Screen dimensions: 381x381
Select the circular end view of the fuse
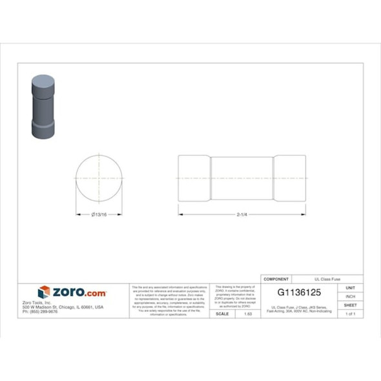coord(99,178)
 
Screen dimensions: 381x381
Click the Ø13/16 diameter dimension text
coord(99,214)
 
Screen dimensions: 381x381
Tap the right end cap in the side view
coord(289,178)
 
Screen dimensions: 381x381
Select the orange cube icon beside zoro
coord(44,293)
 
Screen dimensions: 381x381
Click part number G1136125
coord(299,292)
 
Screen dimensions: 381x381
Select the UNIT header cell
coord(351,287)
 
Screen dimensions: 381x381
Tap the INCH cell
coord(351,296)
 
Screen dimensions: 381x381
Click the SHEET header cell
coord(351,305)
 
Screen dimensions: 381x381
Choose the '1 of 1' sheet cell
coord(351,313)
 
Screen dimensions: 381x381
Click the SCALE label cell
coord(222,313)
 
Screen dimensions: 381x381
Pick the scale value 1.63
coord(247,313)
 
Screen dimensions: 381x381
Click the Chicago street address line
coord(63,307)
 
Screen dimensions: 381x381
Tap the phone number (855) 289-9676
coord(40,311)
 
